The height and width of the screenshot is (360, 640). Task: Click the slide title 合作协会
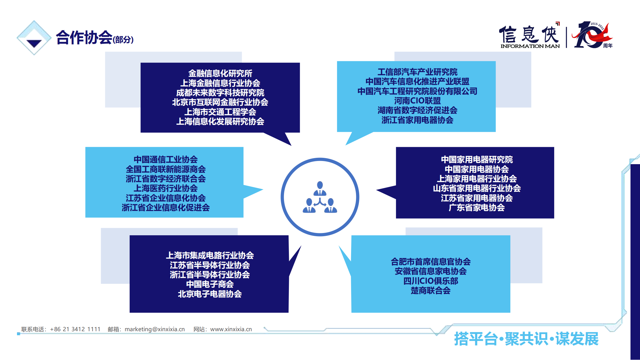coord(84,37)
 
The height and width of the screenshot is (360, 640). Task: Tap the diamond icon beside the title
coord(34,38)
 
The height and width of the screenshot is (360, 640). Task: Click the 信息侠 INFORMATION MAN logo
coord(530,35)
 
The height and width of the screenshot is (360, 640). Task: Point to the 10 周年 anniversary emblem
coord(592,35)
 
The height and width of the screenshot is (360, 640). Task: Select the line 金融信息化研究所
coord(220,73)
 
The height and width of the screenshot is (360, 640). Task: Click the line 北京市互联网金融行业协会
coord(220,102)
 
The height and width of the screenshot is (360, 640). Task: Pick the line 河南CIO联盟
coord(417,101)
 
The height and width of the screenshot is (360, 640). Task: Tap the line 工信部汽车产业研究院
coord(417,72)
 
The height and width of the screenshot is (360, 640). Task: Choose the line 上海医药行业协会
coord(166,188)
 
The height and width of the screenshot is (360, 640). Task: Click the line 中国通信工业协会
coord(166,159)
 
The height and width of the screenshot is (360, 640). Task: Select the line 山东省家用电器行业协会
coord(477,188)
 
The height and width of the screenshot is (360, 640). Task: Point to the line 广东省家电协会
coord(477,207)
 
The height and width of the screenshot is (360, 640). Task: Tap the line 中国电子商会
coord(210,284)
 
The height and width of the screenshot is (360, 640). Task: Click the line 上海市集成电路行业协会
coord(210,255)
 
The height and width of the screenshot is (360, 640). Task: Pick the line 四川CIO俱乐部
coord(431,281)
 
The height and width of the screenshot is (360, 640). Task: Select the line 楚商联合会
coord(431,290)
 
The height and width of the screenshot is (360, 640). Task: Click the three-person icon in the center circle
coord(320,197)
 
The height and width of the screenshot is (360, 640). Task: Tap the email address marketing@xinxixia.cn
coord(155,329)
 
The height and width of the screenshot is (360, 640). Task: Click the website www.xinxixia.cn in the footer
coord(231,329)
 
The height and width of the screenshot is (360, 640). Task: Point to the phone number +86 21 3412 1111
coord(75,329)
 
